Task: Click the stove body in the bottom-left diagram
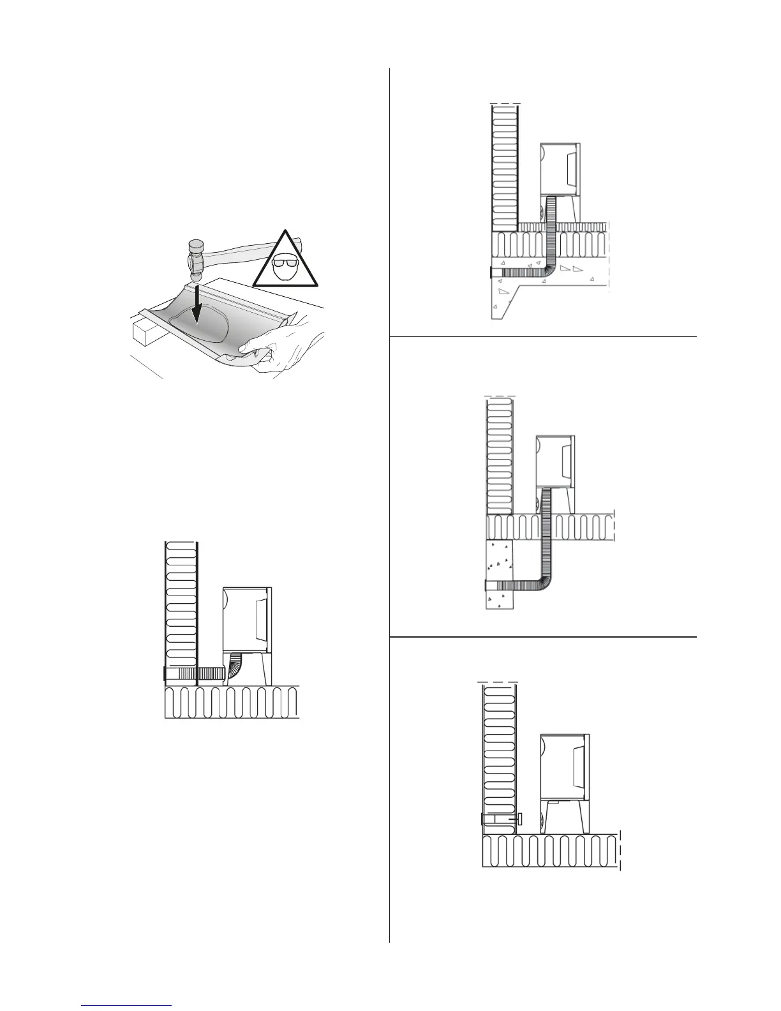(247, 619)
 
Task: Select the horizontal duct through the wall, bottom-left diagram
(191, 673)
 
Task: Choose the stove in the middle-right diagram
(555, 460)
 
